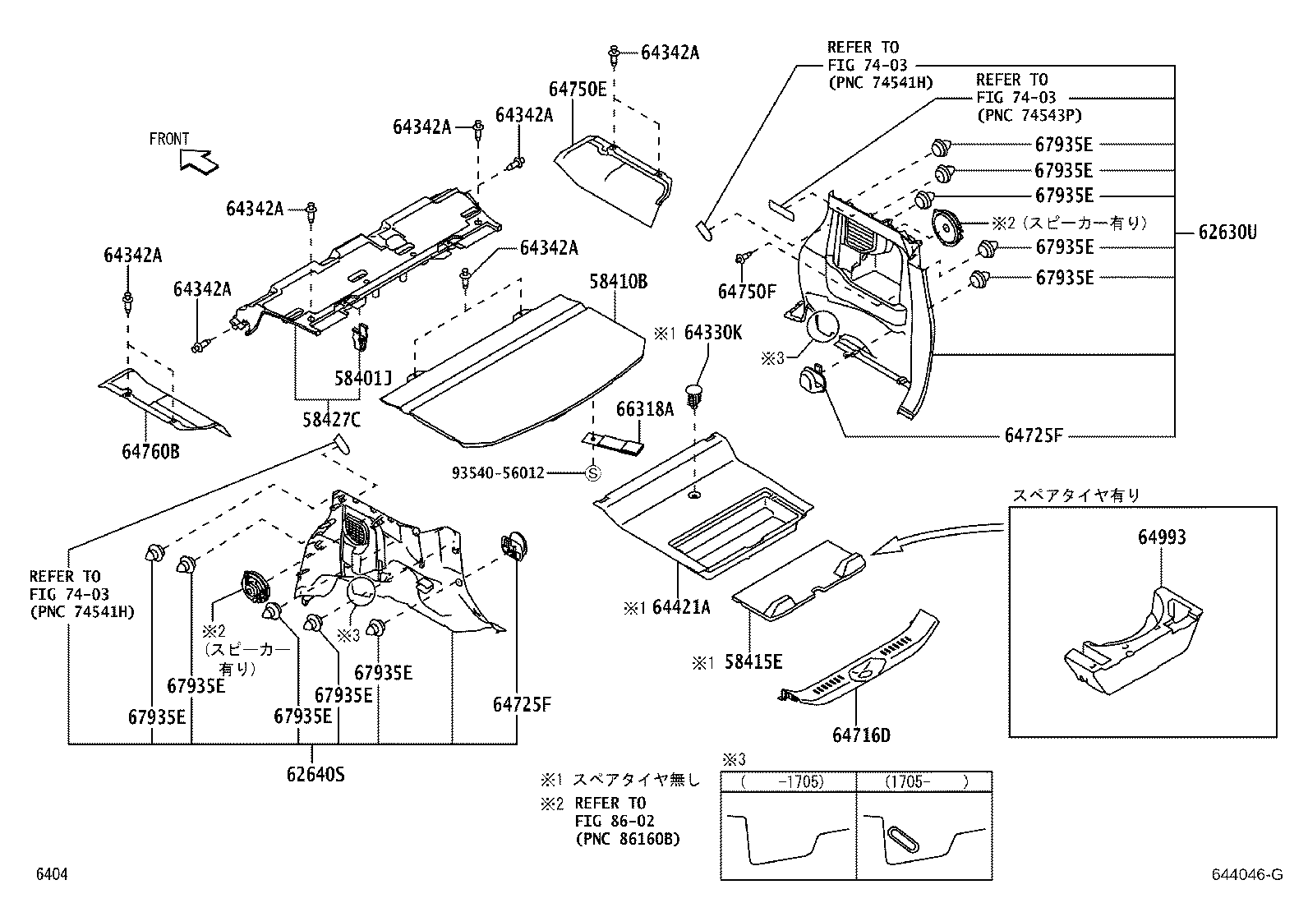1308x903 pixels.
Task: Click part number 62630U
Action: click(x=1227, y=233)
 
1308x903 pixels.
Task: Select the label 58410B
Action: click(x=618, y=283)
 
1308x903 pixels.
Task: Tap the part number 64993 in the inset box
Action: click(x=1162, y=537)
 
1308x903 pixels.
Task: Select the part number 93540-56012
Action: click(x=498, y=474)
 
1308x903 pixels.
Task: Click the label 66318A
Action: click(x=645, y=408)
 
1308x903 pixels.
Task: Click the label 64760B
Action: click(x=150, y=451)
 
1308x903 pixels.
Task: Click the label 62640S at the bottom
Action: click(x=315, y=773)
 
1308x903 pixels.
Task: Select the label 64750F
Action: click(x=746, y=292)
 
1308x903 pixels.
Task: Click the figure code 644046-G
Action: click(x=1245, y=875)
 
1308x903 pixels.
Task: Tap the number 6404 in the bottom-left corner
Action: click(x=51, y=875)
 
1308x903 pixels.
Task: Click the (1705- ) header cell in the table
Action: click(x=924, y=781)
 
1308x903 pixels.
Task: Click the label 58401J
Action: click(x=362, y=378)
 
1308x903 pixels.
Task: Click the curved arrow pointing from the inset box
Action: click(x=937, y=538)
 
